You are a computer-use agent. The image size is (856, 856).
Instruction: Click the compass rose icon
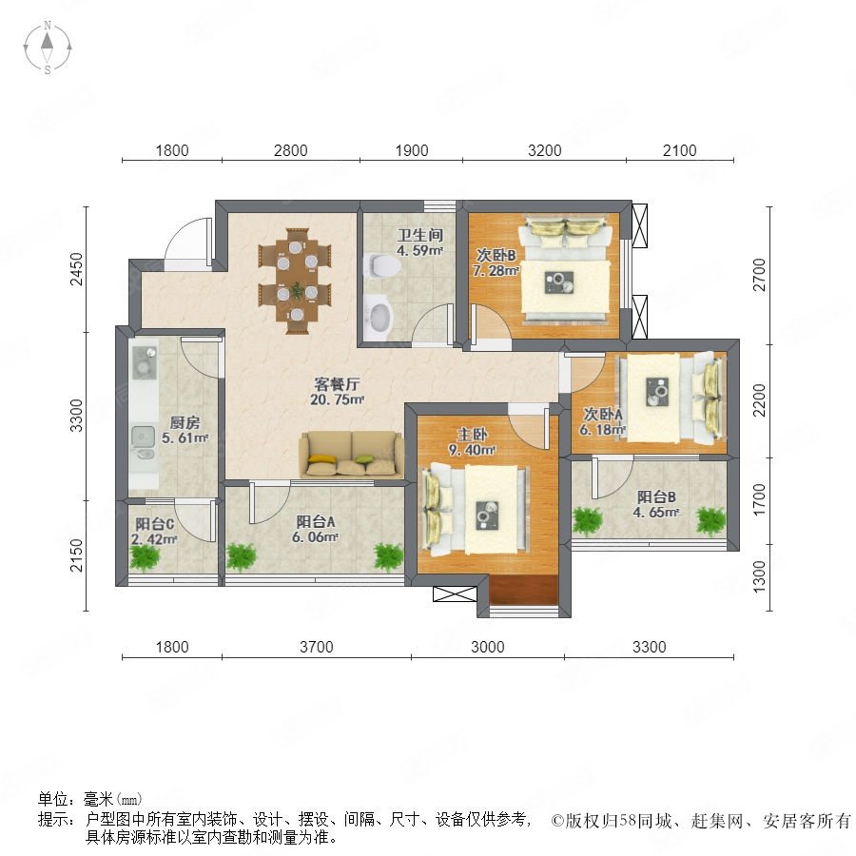pos(48,48)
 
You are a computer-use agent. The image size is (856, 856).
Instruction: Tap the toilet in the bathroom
pos(384,266)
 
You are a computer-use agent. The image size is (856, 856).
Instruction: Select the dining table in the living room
pos(297,282)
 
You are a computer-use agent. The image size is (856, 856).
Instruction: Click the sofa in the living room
pos(352,455)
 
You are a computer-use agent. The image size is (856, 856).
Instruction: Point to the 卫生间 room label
pos(419,235)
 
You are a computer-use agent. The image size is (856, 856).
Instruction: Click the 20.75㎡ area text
pos(337,399)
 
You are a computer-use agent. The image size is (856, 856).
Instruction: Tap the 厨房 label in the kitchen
pos(185,422)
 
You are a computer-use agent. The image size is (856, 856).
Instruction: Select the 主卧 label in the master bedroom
pos(472,435)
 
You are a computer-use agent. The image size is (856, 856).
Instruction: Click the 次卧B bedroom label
pos(496,255)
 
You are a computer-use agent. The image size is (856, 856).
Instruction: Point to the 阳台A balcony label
pos(316,522)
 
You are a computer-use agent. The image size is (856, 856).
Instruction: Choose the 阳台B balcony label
pos(656,496)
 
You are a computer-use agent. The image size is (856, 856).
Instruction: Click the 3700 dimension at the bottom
pos(317,647)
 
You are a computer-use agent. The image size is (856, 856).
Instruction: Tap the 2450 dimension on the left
pos(77,268)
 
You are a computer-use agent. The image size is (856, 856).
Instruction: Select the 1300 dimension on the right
pos(759,577)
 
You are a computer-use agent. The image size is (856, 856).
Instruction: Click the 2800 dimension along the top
pos(290,150)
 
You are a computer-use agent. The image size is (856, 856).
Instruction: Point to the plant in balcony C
pos(145,556)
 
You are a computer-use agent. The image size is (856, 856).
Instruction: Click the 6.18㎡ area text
pos(602,430)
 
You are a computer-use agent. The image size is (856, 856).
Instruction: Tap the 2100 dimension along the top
pos(680,150)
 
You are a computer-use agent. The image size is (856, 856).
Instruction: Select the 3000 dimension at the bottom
pos(488,647)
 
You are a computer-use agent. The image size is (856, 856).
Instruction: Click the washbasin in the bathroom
pos(379,316)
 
